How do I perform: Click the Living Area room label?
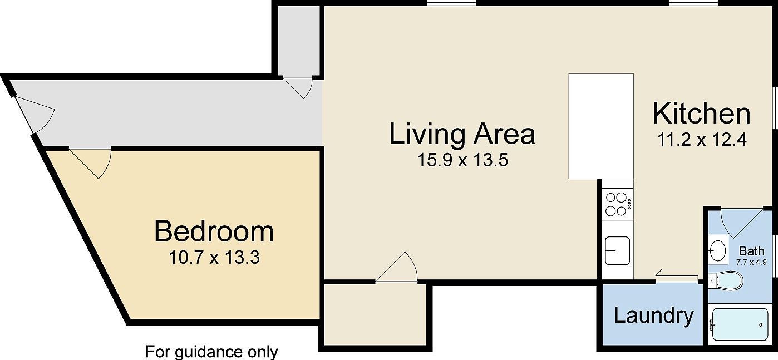coord(462,134)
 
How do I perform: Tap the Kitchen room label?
coord(701,114)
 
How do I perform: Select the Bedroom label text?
coord(214,231)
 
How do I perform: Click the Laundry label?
coord(653,315)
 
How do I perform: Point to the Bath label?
coord(751,251)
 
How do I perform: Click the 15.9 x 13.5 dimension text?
coord(463,161)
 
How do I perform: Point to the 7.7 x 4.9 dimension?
coord(751,262)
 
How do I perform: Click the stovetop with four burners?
coord(617,204)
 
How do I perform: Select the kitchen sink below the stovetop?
coord(617,250)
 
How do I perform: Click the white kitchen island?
coord(601,126)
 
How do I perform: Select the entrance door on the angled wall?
coord(36,114)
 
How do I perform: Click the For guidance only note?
coord(211,352)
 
